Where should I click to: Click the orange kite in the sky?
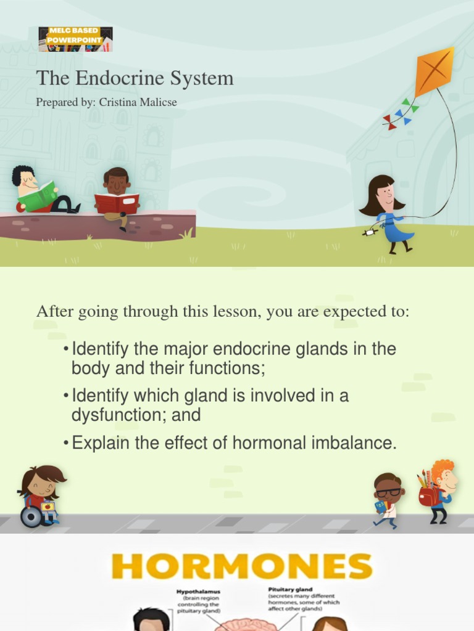(x=434, y=71)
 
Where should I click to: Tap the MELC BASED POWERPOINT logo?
(x=75, y=39)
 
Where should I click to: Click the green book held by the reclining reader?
(x=38, y=197)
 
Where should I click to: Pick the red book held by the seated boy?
(x=117, y=203)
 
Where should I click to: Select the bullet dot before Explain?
(x=66, y=444)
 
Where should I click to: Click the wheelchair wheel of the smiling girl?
(x=30, y=516)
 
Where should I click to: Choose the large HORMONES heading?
(x=242, y=567)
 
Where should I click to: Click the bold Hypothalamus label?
(x=198, y=590)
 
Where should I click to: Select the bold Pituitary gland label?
(x=289, y=590)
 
